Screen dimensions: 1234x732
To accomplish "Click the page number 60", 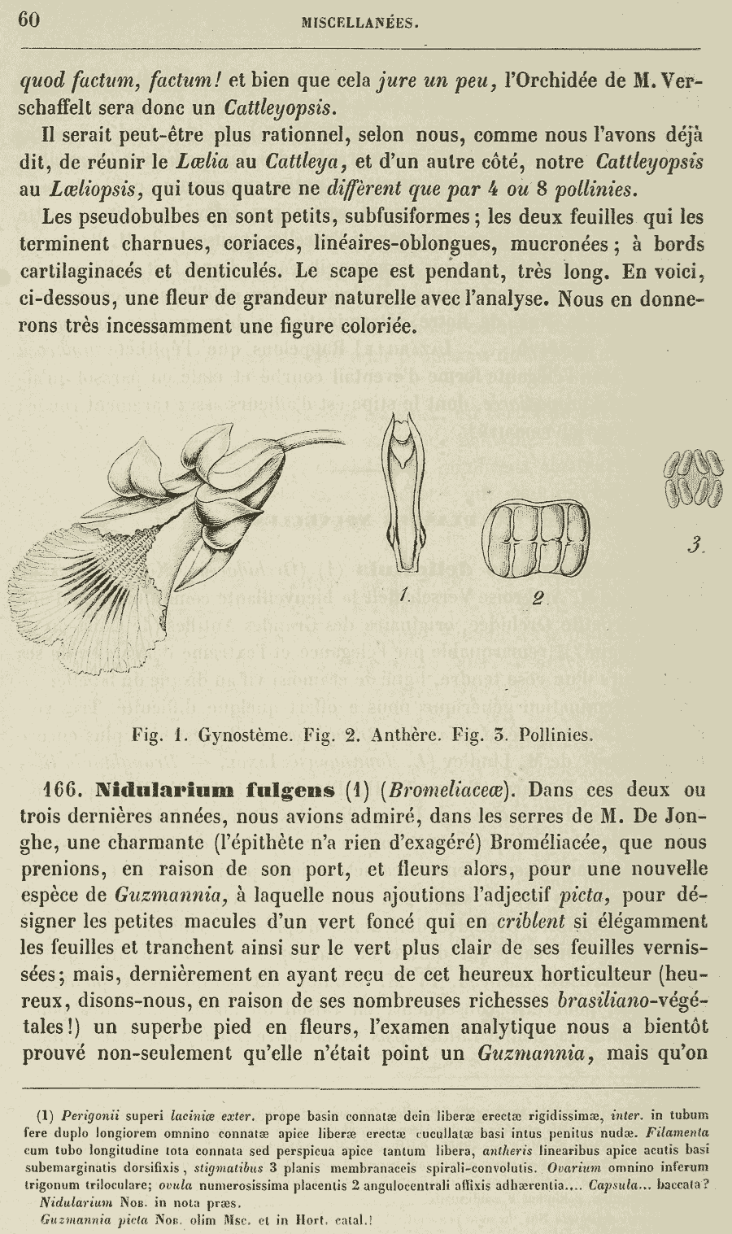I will click(29, 20).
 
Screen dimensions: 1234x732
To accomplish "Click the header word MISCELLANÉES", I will click(360, 24).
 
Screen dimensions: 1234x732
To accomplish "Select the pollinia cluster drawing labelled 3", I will click(693, 479).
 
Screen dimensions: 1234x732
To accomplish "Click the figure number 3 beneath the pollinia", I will click(693, 546).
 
